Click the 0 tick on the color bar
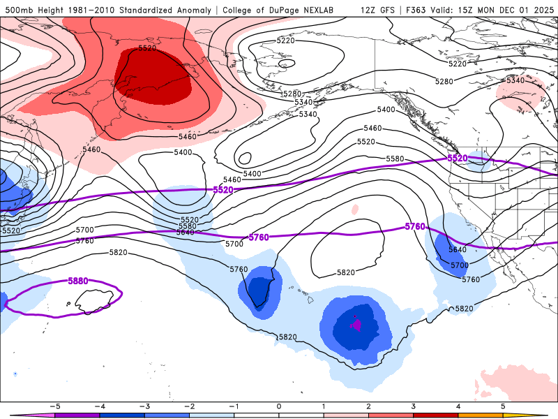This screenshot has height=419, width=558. point(279,406)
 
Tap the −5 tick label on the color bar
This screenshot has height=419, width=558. point(53,406)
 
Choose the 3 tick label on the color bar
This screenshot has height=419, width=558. point(413,406)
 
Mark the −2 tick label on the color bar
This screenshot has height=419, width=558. point(188,406)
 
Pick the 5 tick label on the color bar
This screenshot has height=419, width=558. point(503,406)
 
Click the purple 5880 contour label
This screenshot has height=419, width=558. point(78,281)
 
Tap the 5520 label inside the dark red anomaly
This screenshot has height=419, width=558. point(147,48)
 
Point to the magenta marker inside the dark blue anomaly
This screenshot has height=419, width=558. point(356,324)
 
